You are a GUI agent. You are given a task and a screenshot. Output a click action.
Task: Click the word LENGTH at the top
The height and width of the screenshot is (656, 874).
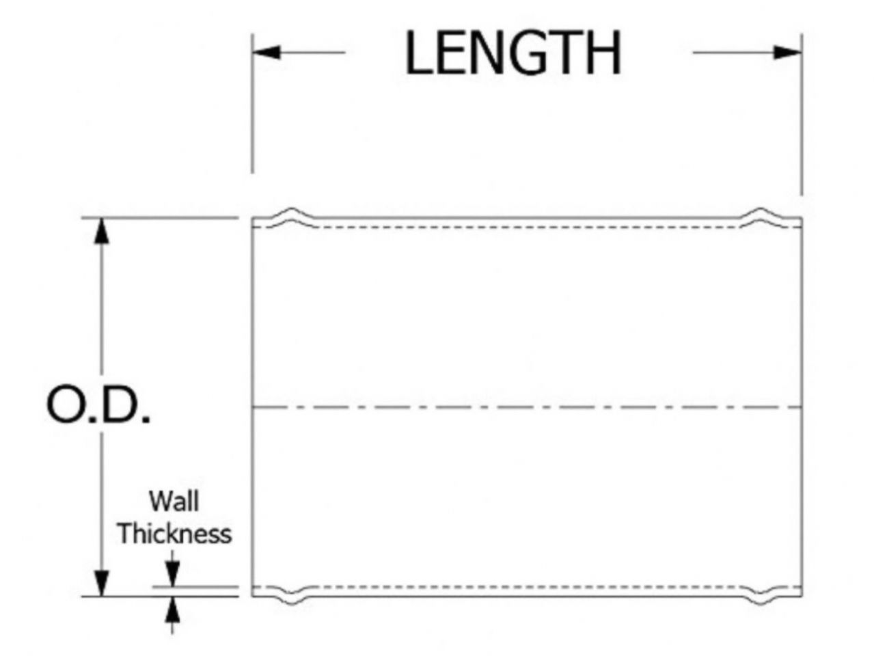coord(513,54)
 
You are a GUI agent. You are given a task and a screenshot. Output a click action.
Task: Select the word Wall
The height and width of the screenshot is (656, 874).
coord(174,501)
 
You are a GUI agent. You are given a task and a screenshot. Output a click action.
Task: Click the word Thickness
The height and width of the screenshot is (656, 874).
coord(174,533)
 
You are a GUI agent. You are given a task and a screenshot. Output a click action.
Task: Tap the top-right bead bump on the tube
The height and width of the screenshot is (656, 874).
coord(761,213)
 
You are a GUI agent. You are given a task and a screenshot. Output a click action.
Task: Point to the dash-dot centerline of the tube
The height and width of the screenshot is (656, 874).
coord(526,407)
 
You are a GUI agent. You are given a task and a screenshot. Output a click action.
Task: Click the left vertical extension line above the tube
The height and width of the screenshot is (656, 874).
coord(253,109)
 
